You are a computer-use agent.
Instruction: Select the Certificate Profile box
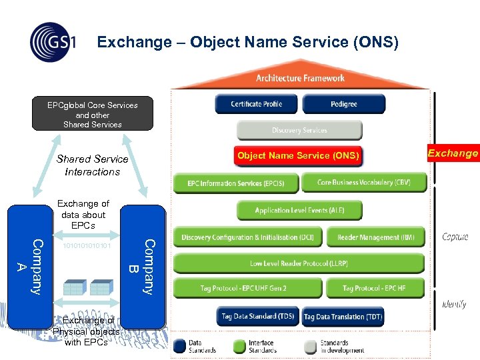point(256,104)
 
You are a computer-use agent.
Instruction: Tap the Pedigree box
point(343,104)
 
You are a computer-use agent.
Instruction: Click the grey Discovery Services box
point(299,130)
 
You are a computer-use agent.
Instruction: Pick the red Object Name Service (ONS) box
point(298,156)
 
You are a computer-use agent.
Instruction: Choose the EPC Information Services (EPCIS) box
point(235,183)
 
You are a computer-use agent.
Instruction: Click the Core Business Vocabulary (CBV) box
point(363,183)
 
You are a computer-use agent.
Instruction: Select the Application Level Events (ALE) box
point(299,211)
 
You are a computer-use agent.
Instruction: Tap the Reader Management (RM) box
point(375,237)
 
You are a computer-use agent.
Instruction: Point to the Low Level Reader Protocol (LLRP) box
point(299,263)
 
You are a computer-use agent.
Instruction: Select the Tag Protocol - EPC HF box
point(374,289)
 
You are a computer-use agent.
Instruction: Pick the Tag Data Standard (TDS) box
point(257,317)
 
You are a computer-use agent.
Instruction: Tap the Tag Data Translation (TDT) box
point(343,317)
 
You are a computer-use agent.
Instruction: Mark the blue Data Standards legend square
point(179,346)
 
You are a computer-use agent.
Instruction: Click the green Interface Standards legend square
point(239,346)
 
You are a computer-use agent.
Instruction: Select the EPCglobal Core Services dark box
point(93,114)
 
